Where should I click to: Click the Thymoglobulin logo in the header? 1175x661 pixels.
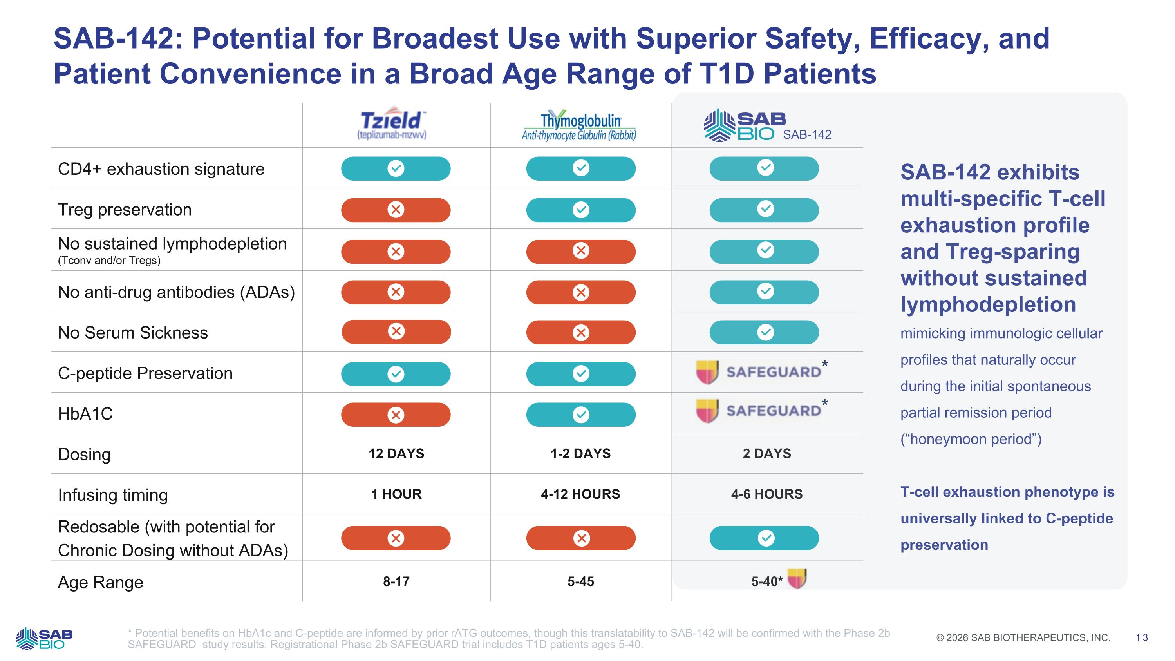pyautogui.click(x=580, y=125)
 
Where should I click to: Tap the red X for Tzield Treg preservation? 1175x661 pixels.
pyautogui.click(x=396, y=210)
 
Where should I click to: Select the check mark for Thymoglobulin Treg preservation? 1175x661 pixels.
pyautogui.click(x=581, y=210)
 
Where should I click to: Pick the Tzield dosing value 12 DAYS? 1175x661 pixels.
pyautogui.click(x=396, y=453)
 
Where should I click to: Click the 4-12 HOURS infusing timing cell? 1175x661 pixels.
pyautogui.click(x=580, y=494)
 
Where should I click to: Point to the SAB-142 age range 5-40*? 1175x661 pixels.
pyautogui.click(x=767, y=581)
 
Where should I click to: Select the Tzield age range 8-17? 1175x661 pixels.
pyautogui.click(x=396, y=581)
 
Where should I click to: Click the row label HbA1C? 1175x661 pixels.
pyautogui.click(x=85, y=414)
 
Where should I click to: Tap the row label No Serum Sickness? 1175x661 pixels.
pyautogui.click(x=133, y=333)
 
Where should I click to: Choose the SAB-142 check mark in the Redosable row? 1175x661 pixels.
pyautogui.click(x=765, y=538)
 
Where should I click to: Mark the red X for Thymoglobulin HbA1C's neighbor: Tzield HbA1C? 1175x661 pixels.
pyautogui.click(x=396, y=415)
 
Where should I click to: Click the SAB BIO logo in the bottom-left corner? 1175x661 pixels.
pyautogui.click(x=44, y=638)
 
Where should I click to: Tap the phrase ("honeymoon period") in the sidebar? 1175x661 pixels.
pyautogui.click(x=971, y=439)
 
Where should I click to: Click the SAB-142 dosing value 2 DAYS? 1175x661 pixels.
pyautogui.click(x=767, y=453)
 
